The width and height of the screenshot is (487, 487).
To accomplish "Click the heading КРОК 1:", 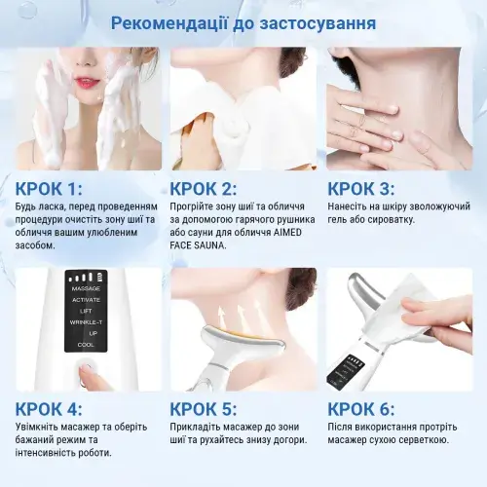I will pyautogui.click(x=49, y=188).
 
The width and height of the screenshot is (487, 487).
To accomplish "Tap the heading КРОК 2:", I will pyautogui.click(x=205, y=188).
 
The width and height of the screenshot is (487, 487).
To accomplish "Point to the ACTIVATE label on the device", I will pyautogui.click(x=85, y=301).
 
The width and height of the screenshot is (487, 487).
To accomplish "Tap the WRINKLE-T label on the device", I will pyautogui.click(x=85, y=322).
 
